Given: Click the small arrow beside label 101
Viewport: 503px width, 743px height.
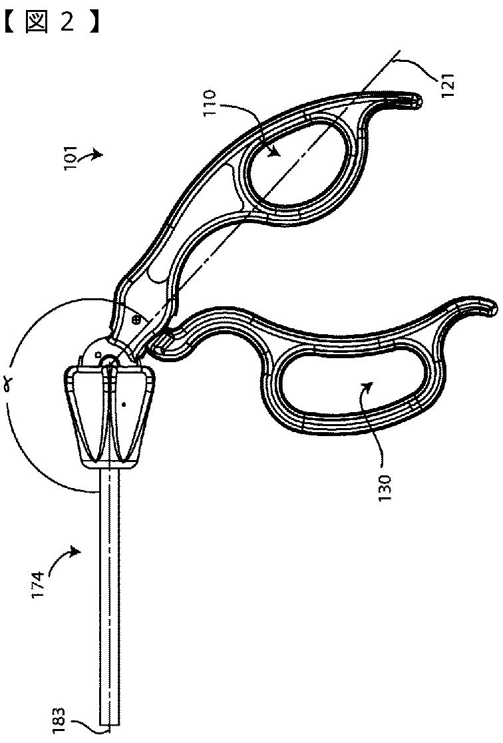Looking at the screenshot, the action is coord(93,154).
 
